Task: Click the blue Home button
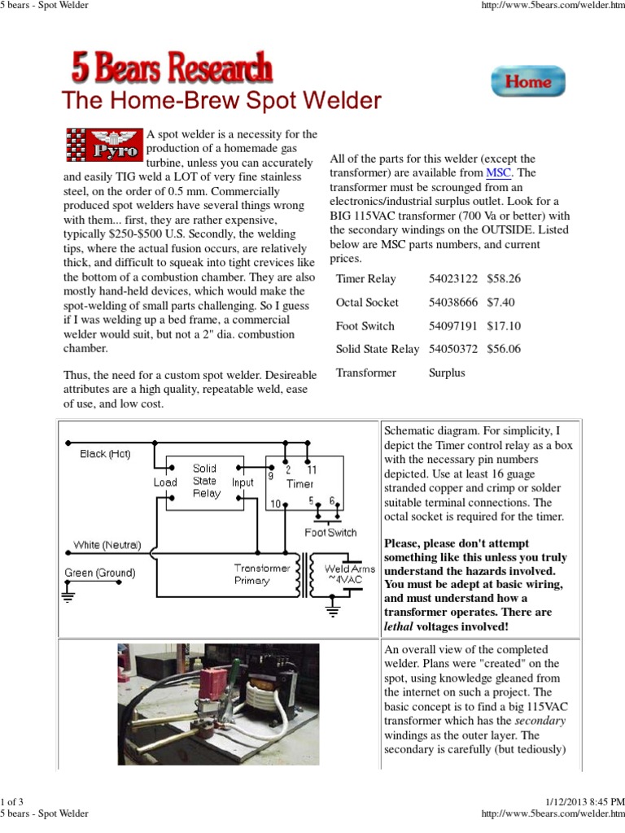[x=527, y=81]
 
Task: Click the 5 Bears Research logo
[x=172, y=68]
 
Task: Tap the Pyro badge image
[x=103, y=144]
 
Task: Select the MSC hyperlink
[x=499, y=172]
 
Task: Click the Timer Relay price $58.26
[x=504, y=278]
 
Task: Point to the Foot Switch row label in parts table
[x=365, y=325]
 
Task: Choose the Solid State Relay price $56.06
[x=504, y=349]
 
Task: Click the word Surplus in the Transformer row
[x=447, y=373]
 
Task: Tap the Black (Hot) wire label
[x=105, y=454]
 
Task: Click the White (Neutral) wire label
[x=107, y=545]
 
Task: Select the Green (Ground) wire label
[x=100, y=573]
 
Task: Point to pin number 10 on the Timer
[x=275, y=504]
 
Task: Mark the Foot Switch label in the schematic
[x=330, y=533]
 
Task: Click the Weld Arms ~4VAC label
[x=349, y=574]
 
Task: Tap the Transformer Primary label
[x=262, y=574]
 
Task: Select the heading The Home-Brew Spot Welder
[x=221, y=101]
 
